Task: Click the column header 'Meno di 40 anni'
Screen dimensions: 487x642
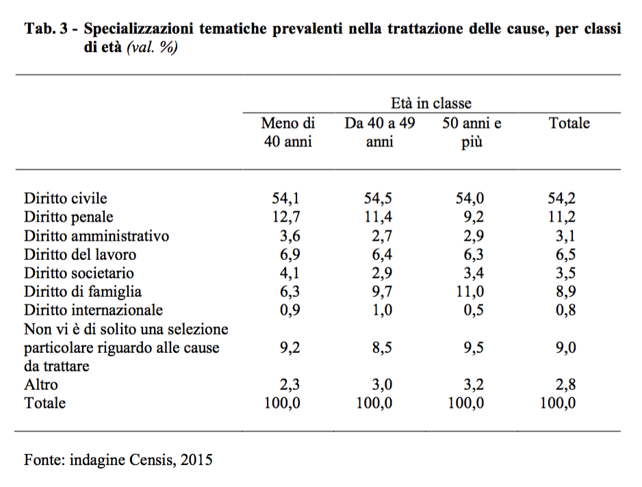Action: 287,133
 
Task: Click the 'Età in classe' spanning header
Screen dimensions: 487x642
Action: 431,103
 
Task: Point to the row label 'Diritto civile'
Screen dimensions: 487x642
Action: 66,199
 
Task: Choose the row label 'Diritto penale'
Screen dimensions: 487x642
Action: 68,218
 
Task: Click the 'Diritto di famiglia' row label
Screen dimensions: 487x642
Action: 83,291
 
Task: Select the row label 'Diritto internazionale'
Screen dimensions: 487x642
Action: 94,310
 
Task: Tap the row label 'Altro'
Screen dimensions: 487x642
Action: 41,384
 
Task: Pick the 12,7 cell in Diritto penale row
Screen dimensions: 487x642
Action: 283,218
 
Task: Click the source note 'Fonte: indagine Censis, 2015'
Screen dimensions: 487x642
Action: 118,460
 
